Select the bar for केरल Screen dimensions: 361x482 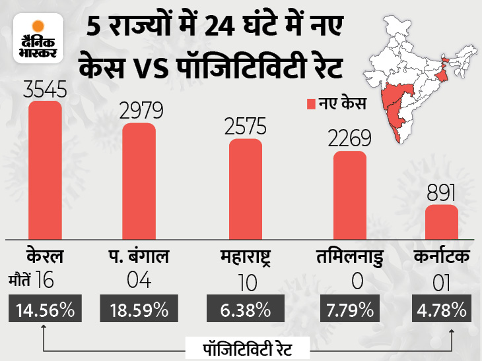(x=45, y=171)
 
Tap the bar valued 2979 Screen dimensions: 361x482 (x=139, y=182)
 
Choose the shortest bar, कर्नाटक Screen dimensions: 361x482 (x=440, y=223)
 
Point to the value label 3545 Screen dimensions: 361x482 (x=45, y=89)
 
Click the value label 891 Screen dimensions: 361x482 (x=440, y=193)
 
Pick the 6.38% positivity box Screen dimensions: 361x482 (x=245, y=308)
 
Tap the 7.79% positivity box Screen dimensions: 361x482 (x=350, y=308)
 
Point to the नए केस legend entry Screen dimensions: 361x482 (x=335, y=103)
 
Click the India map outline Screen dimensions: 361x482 (x=423, y=72)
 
